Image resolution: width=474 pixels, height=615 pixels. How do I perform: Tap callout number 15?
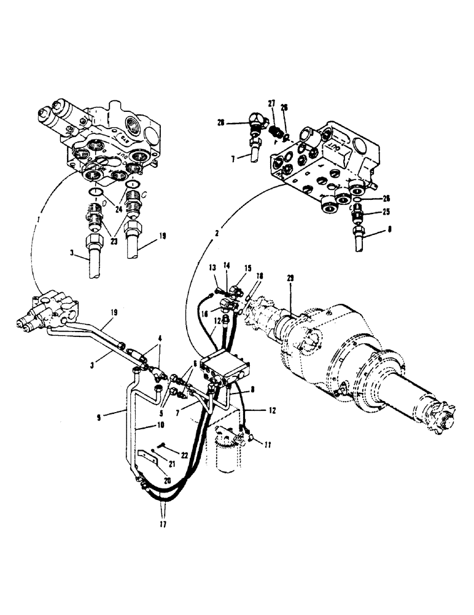(x=248, y=268)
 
